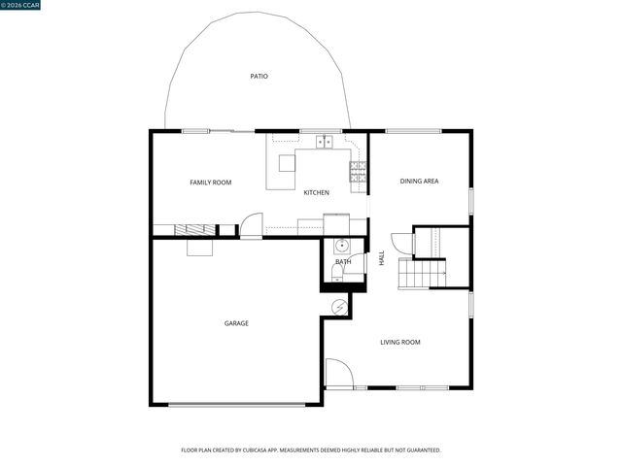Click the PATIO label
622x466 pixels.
(259, 76)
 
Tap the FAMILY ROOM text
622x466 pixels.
(210, 183)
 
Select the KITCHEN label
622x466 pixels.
(317, 192)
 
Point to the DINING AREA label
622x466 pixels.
(420, 182)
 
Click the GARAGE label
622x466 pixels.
(236, 323)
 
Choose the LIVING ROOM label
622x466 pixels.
(399, 342)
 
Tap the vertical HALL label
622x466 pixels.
(382, 259)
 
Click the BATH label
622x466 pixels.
(343, 262)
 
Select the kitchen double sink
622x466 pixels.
(324, 143)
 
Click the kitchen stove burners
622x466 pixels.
(358, 172)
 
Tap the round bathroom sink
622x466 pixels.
(341, 246)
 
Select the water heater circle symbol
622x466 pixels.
(339, 306)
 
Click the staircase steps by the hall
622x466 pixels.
(424, 275)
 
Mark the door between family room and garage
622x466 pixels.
(251, 225)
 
